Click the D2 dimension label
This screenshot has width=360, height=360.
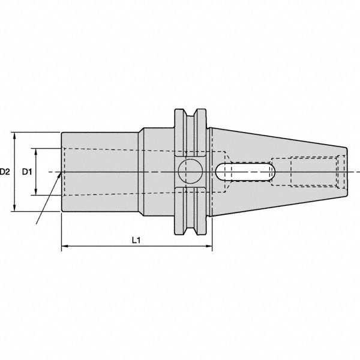(5, 172)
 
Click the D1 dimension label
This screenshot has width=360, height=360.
(27, 172)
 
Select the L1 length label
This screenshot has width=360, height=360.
(136, 240)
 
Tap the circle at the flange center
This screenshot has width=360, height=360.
(191, 172)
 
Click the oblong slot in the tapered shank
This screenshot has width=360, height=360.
(242, 172)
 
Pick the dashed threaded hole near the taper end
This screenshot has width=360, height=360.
(312, 172)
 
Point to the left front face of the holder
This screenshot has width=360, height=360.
(62, 172)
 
